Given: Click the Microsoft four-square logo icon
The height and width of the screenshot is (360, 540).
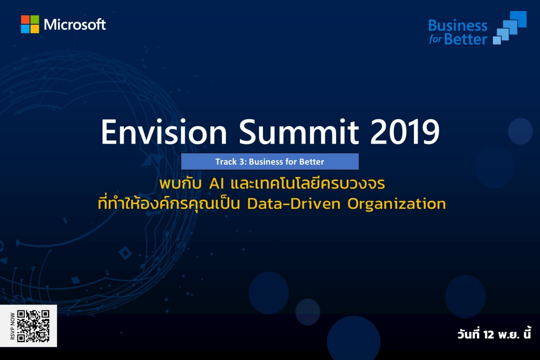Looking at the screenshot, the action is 30,24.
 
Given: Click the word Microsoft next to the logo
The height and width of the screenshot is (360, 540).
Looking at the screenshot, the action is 75,25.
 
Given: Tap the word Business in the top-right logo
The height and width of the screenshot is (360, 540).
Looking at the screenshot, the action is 458,26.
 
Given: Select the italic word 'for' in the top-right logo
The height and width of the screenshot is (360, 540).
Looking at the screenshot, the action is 436,39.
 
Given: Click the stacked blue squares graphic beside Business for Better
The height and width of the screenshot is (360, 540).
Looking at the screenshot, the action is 509,28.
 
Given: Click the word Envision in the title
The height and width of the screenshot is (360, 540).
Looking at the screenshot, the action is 164,132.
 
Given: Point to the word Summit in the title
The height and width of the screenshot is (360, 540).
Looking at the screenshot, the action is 299,132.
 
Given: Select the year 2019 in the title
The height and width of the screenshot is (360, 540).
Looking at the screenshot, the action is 405,133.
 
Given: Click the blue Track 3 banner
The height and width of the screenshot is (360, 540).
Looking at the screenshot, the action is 270,162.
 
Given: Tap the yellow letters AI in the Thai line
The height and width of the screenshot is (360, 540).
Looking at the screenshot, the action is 216,184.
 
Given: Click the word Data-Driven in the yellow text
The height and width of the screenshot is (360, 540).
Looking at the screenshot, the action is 294,204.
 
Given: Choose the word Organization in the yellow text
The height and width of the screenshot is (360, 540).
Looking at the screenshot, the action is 396,204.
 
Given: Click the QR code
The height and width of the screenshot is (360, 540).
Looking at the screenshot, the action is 33,326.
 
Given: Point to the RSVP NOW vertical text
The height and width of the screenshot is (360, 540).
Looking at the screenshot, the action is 13,326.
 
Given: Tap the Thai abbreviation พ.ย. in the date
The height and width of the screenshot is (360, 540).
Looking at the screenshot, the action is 508,335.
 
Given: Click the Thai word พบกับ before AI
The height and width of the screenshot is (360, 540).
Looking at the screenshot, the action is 180,184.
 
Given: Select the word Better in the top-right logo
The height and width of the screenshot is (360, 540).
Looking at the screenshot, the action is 466,39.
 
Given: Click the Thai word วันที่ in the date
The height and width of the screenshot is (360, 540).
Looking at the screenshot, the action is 468,333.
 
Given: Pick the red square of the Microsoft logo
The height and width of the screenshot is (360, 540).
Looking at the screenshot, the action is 25,19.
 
